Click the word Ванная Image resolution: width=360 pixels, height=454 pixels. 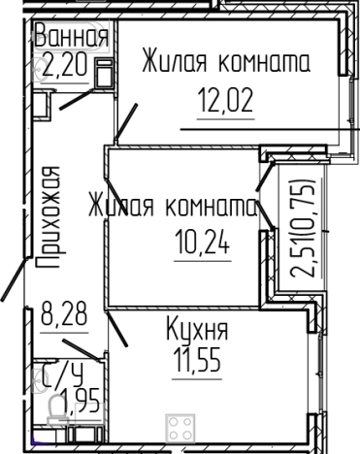(70, 38)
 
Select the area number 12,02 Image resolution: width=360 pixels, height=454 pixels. (224, 102)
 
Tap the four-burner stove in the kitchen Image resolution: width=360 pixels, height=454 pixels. (180, 428)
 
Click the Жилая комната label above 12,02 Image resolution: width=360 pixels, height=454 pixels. (224, 64)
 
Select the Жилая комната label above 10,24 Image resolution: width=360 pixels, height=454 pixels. (171, 207)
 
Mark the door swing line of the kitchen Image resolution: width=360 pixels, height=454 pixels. (119, 329)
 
